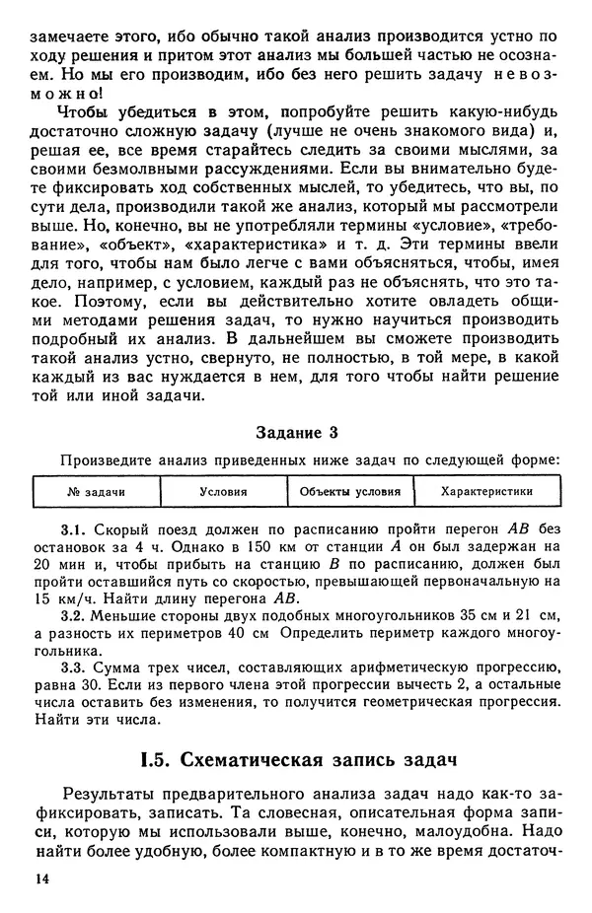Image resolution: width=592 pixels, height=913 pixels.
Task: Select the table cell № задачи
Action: click(96, 491)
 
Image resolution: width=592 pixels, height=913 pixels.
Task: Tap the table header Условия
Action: click(223, 491)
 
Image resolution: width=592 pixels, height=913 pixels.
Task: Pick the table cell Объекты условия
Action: click(349, 491)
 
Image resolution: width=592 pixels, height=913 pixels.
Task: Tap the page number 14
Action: click(40, 878)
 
